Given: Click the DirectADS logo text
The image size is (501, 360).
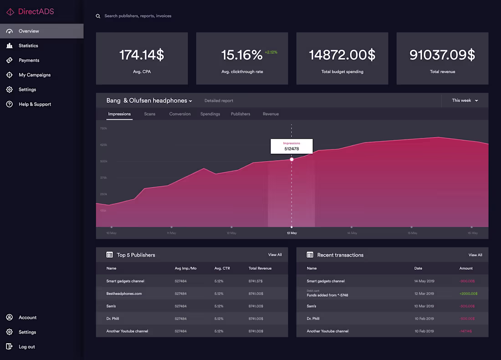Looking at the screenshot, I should pos(36,12).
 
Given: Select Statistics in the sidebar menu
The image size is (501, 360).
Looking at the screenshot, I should pos(28,46).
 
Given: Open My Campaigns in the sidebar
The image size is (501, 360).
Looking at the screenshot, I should pos(34,75).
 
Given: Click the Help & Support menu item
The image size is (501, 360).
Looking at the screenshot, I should pos(35,104).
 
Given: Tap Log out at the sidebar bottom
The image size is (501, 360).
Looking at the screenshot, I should pos(26,347).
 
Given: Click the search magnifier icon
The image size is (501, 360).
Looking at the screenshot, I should pos(98,16).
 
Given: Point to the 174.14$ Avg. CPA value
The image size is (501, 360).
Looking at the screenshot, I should pos(142,55).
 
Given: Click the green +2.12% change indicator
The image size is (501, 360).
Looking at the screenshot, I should pos(271,52).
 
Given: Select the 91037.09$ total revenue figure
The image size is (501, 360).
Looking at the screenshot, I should pos(442,55).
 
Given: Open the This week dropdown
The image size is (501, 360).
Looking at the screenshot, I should pos(465,101).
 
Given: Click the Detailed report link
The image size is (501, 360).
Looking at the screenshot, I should pos(219,101).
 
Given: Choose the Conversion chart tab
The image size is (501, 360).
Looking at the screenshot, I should pos(180,114).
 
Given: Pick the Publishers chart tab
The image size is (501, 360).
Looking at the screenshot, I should pos(240,114).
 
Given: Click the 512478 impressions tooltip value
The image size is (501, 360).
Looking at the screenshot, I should pos(291,149).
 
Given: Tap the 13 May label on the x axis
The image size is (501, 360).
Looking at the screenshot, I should pos(292,233).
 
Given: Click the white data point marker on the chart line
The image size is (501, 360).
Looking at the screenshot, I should pos(292,159).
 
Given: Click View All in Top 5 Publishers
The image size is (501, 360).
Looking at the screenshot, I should pos(275,255).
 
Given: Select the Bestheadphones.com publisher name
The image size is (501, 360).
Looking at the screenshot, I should pos(124,294).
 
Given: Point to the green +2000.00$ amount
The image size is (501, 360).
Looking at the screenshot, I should pos(468,294).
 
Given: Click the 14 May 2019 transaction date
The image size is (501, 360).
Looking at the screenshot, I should pos(424,281).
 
